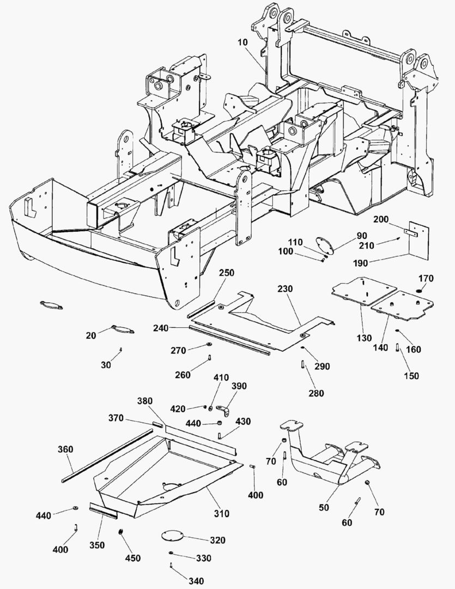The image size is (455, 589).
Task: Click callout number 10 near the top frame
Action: [243, 42]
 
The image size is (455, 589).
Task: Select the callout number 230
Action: [286, 289]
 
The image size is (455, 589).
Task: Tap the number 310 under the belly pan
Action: [221, 513]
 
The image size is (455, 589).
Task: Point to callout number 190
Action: [360, 263]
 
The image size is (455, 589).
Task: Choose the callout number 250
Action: [226, 273]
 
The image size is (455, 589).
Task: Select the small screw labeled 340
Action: [171, 564]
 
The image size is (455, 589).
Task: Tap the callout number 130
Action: [364, 338]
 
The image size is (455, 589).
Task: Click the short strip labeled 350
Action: [103, 510]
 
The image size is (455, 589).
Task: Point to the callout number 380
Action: [145, 401]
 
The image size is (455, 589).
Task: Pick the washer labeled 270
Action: [208, 345]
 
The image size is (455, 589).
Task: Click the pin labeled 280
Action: [302, 364]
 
